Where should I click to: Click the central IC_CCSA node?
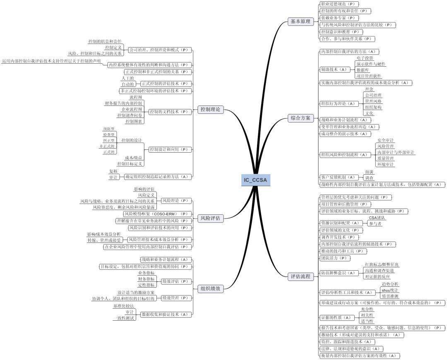[255, 180]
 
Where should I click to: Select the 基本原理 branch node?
[300, 22]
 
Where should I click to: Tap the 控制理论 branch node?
[210, 110]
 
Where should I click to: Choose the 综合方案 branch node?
[300, 118]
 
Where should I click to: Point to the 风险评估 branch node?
[210, 218]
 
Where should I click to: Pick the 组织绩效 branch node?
[210, 289]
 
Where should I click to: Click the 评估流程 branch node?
[300, 276]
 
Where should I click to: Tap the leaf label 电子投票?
[365, 58]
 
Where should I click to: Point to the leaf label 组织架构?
[373, 107]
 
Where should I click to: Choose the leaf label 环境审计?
[385, 164]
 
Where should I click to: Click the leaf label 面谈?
[369, 171]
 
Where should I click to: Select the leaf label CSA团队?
[377, 217]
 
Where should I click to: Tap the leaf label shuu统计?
[390, 290]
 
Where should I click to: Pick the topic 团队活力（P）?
[335, 258]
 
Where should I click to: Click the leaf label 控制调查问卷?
[130, 115]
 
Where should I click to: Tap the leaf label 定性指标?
[147, 285]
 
